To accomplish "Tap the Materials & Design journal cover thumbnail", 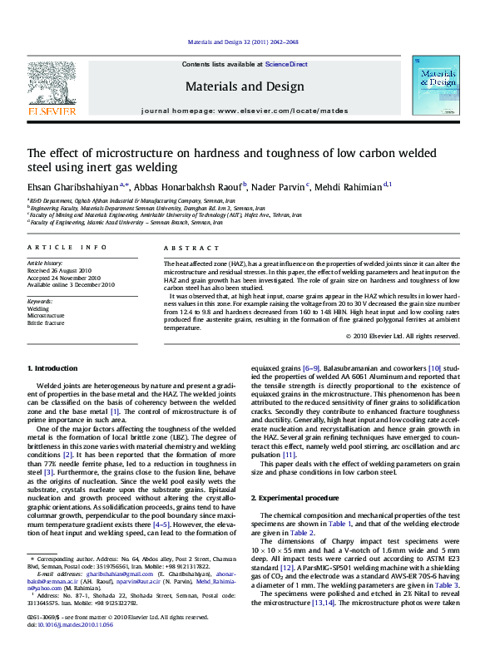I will point(436,90).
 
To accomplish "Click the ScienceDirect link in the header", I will point(286,64).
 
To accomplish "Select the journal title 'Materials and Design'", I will point(245,86).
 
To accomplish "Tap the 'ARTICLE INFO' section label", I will point(67,248).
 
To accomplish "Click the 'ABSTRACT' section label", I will point(191,248).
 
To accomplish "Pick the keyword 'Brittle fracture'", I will point(46,323).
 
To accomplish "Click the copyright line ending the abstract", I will point(402,337).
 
